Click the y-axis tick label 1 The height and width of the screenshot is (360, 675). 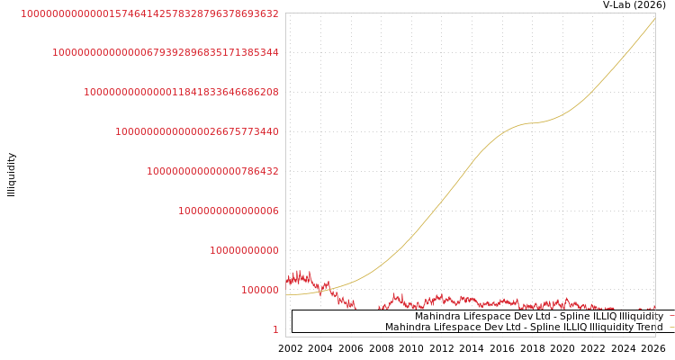pos(275,329)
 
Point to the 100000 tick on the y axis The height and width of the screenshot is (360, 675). pos(259,290)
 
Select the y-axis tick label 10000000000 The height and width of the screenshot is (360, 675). pos(244,250)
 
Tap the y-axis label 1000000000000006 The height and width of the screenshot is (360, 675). pos(229,211)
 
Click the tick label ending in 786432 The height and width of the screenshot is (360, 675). pos(212,171)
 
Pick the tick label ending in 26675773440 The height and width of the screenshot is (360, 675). pos(197,131)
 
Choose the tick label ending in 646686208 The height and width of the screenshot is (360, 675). pos(181,92)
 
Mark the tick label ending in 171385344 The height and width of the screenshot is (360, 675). pos(166,52)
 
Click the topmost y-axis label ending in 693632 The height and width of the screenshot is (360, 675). pos(149,13)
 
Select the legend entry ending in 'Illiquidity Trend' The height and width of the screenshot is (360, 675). pos(523,327)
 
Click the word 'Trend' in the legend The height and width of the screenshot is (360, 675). pos(648,327)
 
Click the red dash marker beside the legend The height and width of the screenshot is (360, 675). pos(671,316)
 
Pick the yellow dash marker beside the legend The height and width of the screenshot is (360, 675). pos(671,327)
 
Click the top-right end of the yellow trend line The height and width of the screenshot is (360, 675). pos(654,18)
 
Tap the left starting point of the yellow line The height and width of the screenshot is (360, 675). pos(287,295)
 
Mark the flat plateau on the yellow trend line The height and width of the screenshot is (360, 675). pos(533,122)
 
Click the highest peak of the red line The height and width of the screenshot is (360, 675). pos(298,271)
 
